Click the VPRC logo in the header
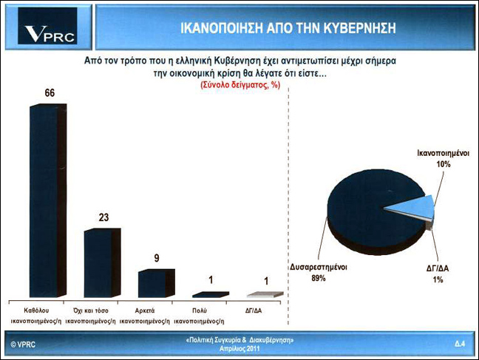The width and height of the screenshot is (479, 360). pos(47,26)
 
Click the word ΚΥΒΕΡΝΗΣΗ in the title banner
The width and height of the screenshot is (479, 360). pos(359,28)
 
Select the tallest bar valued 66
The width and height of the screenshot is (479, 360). pos(48,200)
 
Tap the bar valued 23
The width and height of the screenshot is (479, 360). pos(102,263)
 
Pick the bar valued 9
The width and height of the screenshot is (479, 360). pos(157,283)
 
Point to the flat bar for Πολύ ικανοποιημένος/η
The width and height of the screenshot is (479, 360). pos(211,295)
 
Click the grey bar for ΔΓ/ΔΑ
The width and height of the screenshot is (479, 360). pos(265,295)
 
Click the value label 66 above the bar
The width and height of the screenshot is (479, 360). pos(50,93)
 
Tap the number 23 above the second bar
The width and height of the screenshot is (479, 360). pos(103,217)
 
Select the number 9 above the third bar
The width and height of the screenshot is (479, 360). pos(157,258)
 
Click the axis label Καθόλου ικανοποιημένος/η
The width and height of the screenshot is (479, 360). pos(36,316)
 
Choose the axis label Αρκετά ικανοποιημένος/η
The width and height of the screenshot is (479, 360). pos(144,316)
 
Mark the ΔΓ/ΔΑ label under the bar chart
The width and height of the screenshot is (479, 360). pos(254,310)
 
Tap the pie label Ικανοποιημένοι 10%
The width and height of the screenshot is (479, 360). pos(444,159)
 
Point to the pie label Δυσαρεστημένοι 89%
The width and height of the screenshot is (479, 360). pos(319,272)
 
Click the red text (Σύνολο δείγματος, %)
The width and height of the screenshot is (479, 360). pos(240,85)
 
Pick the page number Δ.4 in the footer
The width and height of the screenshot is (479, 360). pos(460,344)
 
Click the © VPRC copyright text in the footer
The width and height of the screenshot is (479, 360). pos(23,344)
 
